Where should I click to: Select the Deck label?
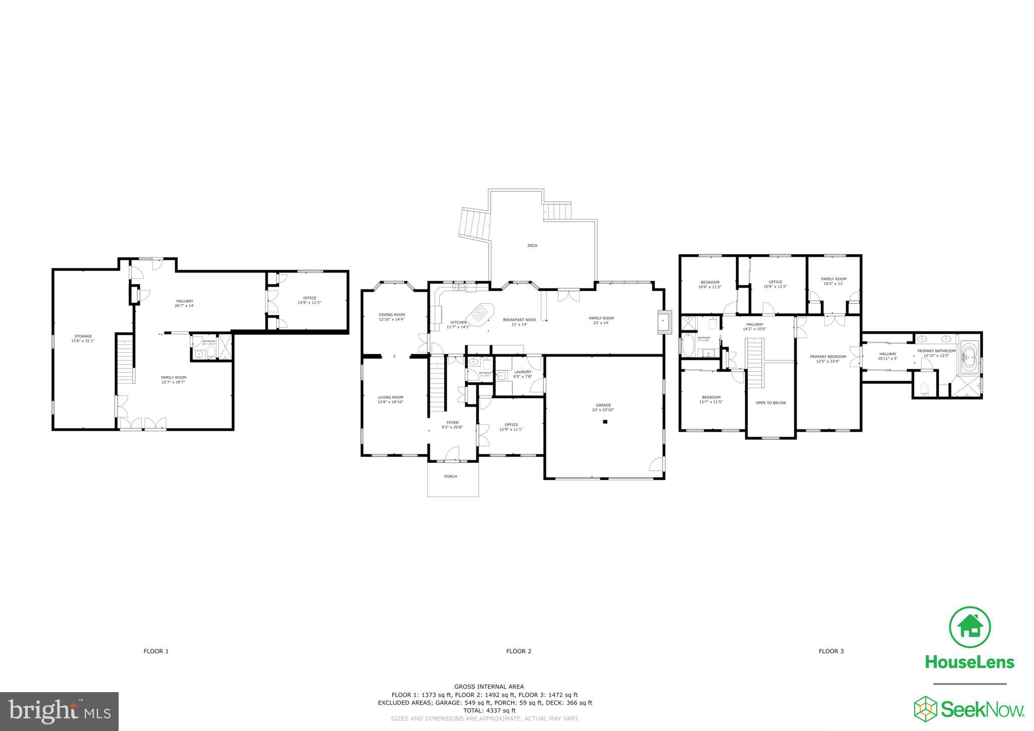pyautogui.click(x=532, y=246)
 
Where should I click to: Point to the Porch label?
pyautogui.click(x=450, y=476)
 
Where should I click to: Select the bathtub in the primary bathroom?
pyautogui.click(x=969, y=358)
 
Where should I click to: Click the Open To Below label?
pyautogui.click(x=770, y=403)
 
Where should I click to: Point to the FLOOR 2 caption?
pyautogui.click(x=519, y=651)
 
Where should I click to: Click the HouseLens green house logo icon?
pyautogui.click(x=969, y=627)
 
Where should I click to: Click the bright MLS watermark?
pyautogui.click(x=59, y=711)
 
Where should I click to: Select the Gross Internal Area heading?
pyautogui.click(x=489, y=687)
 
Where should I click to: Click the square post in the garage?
pyautogui.click(x=604, y=422)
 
